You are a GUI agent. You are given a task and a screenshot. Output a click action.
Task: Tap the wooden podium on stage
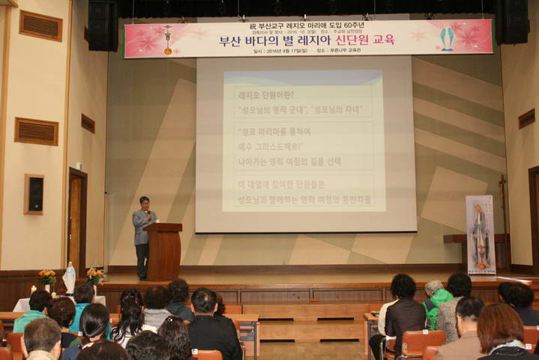[163, 250]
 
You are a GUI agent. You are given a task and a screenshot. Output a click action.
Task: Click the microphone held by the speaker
[148, 215]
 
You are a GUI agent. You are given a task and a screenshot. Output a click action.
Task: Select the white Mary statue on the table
[69, 277]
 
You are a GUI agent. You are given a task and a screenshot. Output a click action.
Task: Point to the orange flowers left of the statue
[46, 278]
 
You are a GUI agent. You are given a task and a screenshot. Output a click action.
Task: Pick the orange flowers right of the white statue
[94, 276]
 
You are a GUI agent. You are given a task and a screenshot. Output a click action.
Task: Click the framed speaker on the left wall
[34, 194]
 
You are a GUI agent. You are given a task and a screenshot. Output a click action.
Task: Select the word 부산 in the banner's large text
[232, 40]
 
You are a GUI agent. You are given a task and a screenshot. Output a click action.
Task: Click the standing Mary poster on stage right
[480, 234]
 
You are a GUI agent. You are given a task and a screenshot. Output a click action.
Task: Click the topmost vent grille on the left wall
[40, 25]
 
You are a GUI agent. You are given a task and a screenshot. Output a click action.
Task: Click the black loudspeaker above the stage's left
[103, 25]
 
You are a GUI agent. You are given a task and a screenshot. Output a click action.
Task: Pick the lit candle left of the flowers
[33, 289]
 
